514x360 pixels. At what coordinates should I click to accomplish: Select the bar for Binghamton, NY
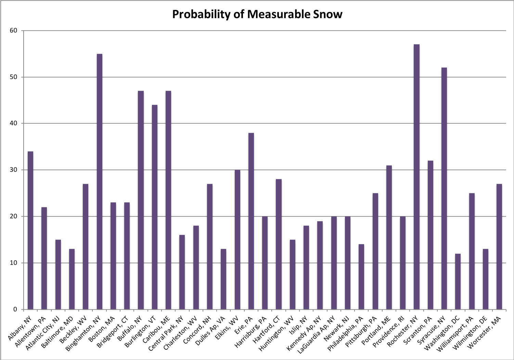(x=99, y=182)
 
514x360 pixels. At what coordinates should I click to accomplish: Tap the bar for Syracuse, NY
(x=444, y=189)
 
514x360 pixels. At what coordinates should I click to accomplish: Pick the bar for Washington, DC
(x=458, y=282)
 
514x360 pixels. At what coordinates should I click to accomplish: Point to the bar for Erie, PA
(x=251, y=221)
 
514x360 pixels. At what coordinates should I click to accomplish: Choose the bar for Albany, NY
(x=30, y=230)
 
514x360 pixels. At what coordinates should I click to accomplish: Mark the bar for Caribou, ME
(x=168, y=200)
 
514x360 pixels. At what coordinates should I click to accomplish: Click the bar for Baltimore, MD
(x=72, y=279)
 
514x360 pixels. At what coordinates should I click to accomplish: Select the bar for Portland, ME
(x=389, y=237)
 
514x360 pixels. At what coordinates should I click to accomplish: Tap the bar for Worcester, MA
(x=499, y=247)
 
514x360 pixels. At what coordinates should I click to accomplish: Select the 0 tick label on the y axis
(x=15, y=310)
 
